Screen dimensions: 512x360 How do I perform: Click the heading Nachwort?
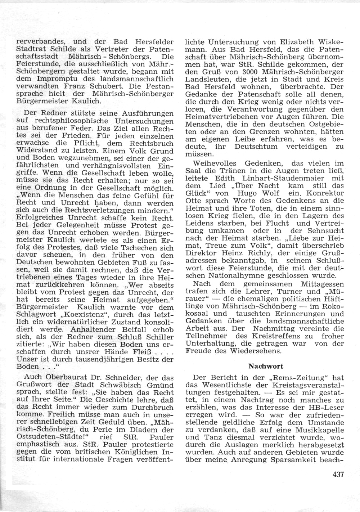pos(266,366)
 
